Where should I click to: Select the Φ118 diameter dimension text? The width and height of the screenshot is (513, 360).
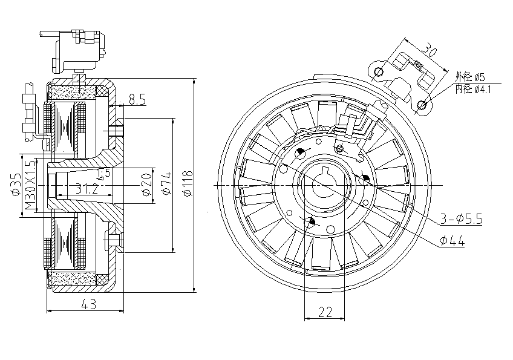[187, 183]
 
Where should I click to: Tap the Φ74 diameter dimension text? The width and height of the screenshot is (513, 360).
[168, 183]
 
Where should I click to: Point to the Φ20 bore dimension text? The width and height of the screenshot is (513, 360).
[146, 183]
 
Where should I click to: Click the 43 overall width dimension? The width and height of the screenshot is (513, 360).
[89, 306]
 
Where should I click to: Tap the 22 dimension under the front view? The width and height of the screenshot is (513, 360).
[325, 312]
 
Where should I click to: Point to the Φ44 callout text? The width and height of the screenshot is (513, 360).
[453, 241]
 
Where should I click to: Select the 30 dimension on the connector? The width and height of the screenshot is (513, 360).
[428, 48]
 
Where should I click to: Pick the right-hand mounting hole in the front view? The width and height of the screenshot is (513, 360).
[365, 180]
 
